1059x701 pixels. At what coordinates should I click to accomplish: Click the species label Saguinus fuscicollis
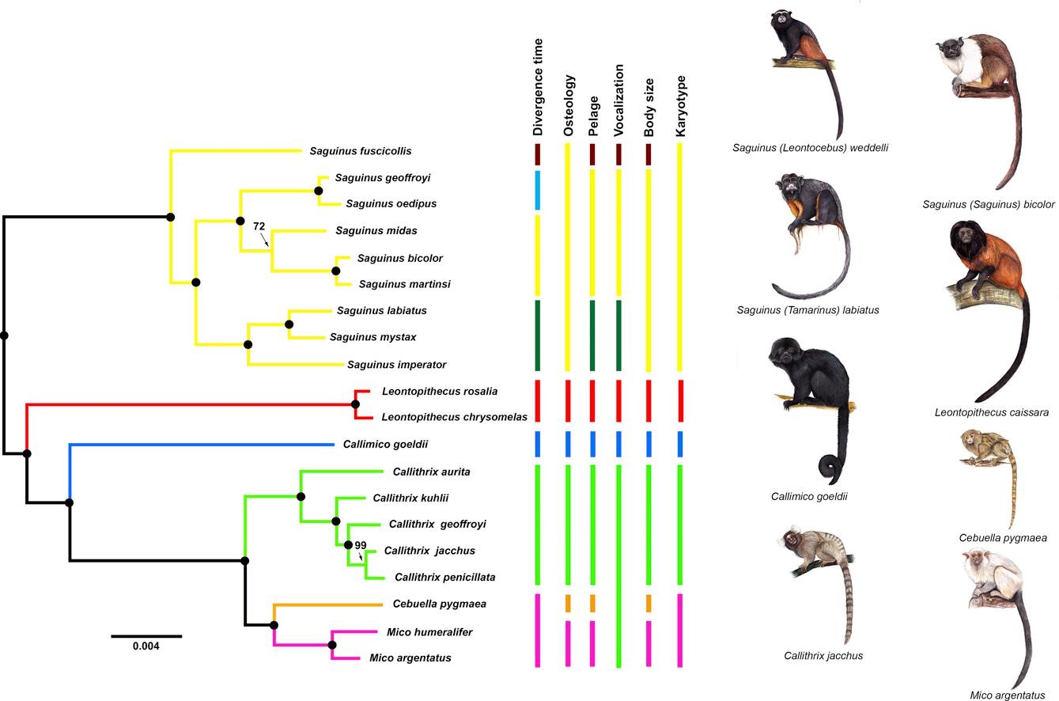360,151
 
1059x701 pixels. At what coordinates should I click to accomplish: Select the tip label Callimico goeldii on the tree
385,445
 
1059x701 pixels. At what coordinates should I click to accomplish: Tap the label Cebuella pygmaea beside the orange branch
439,604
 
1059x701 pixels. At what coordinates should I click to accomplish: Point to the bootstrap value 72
259,226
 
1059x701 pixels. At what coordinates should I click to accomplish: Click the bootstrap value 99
361,545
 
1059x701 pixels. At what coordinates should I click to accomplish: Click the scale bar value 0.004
146,646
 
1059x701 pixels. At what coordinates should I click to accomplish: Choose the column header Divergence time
539,87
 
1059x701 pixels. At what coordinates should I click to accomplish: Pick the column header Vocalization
619,100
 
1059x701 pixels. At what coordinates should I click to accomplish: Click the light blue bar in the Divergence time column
538,190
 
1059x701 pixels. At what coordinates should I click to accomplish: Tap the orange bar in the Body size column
649,603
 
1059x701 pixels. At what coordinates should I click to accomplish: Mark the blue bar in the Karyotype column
679,444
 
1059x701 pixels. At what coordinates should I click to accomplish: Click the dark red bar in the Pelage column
592,154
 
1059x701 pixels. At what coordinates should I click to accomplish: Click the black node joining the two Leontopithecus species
356,404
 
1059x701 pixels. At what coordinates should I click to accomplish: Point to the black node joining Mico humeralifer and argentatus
332,646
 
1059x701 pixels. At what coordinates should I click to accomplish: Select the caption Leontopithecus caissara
991,412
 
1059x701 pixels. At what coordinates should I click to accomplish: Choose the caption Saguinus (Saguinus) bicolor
988,204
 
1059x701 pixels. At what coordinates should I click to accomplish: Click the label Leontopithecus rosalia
439,391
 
